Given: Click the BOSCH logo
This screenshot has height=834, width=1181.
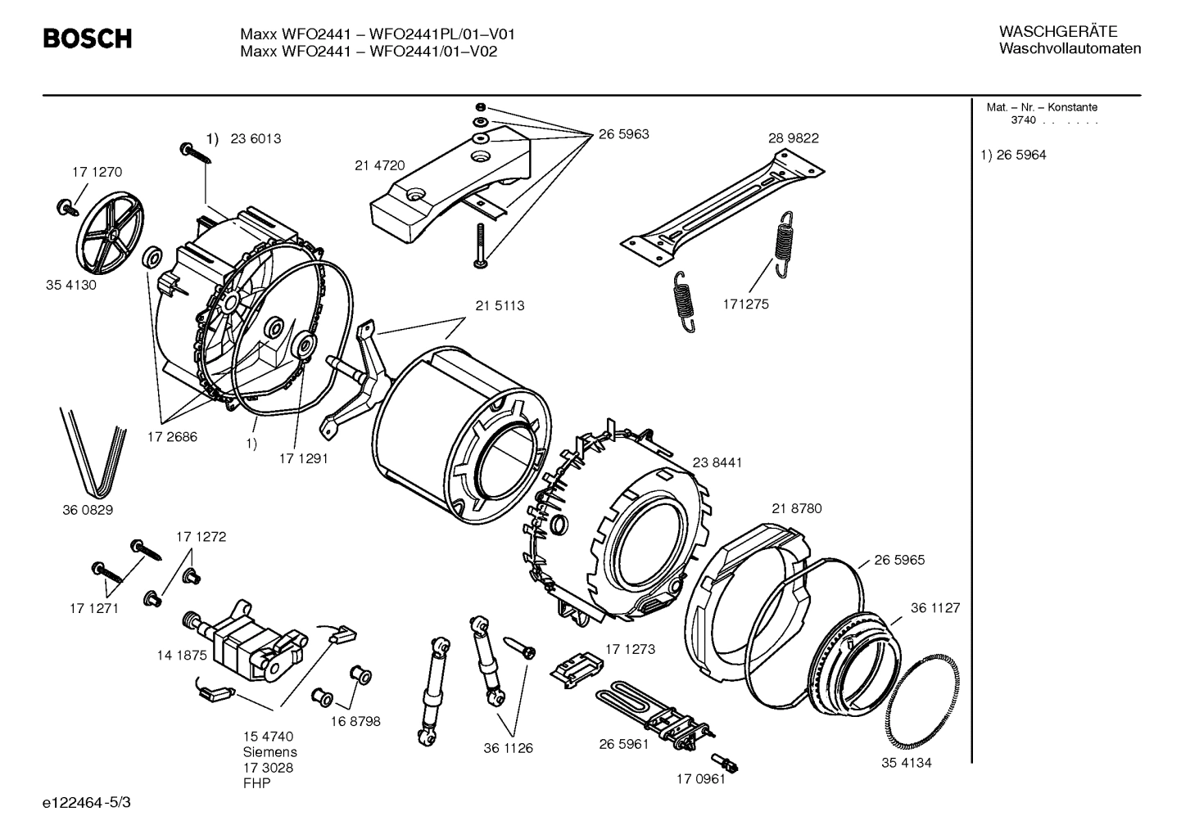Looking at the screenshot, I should click(87, 38).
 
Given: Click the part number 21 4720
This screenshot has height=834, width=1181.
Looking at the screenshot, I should click(379, 165).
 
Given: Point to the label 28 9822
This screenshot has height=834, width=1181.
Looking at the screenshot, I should click(793, 138).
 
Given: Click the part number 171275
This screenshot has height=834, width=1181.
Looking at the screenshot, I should click(745, 304).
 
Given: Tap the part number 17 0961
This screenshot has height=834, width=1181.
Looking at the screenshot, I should click(700, 779).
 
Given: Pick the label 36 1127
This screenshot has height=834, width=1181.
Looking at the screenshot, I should click(935, 608).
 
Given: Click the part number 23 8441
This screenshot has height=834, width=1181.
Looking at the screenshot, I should click(717, 462).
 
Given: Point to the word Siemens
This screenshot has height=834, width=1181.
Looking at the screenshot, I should click(269, 751).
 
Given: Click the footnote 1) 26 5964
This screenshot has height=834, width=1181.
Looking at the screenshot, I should click(1013, 155).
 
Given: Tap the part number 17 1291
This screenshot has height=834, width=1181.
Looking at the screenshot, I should click(303, 458).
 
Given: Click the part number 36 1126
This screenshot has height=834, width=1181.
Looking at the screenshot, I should click(508, 748).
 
